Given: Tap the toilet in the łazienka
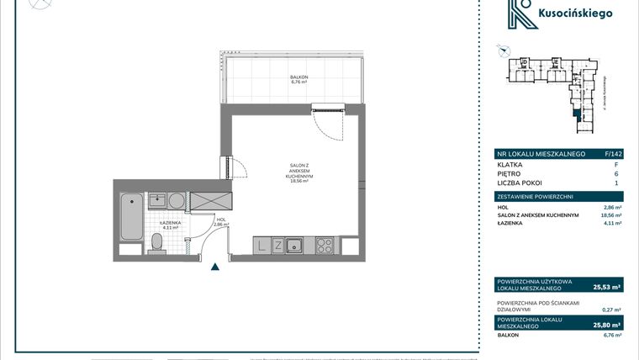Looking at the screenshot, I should coord(156,243).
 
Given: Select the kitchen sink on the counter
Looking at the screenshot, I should coord(295,246).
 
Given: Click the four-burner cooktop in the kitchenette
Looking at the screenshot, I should coord(325,246).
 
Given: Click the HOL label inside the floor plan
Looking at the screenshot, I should coord(219,220).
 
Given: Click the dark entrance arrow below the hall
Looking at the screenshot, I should coord(215,267).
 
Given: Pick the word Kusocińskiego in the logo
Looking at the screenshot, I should coord(580,13).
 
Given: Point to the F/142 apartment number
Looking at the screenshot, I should coord(613,154).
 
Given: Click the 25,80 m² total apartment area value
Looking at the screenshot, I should coord(607,324).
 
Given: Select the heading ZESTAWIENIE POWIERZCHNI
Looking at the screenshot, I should coord(536,196).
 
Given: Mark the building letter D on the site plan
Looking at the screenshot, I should coord(523,62).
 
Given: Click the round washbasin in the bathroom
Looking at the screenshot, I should coord(174,201).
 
